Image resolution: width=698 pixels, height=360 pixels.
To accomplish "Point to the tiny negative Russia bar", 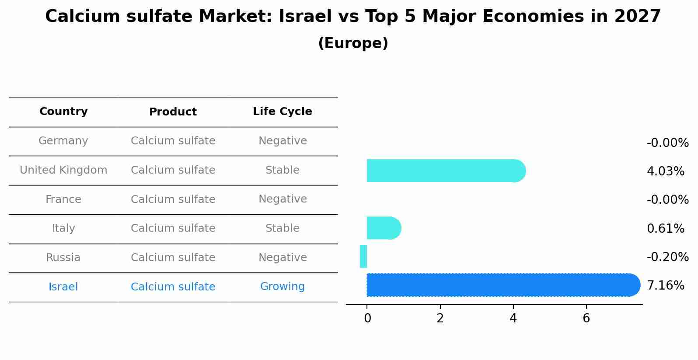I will [363, 256].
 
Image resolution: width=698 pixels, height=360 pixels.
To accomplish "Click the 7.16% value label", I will [665, 286].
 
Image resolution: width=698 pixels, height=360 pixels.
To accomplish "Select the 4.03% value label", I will [665, 171].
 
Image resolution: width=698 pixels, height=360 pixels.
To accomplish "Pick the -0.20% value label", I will [667, 257].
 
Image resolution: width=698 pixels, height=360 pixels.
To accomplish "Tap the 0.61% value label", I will [665, 228].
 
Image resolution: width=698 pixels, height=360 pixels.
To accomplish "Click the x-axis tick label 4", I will [513, 318].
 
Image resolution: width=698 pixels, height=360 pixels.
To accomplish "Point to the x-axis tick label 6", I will [586, 318].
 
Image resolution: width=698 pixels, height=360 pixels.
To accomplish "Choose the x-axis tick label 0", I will [367, 318].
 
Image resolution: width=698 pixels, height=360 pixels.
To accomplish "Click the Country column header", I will [63, 112].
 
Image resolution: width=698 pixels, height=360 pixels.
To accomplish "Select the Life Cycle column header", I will [282, 112].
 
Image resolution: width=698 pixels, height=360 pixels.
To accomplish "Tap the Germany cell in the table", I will [63, 141].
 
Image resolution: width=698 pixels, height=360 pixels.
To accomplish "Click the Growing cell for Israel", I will [282, 287].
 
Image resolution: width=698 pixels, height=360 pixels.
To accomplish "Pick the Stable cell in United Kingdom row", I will [282, 170].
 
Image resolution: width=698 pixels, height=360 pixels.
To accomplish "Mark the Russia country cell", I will [63, 258].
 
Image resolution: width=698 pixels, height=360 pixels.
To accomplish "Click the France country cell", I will [63, 199].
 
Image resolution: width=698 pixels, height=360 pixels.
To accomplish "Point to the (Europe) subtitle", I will [353, 43].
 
